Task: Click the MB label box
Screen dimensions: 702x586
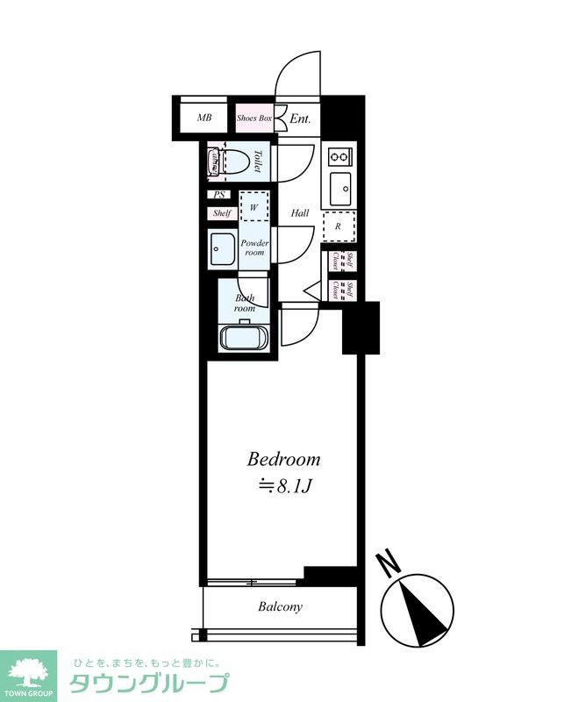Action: [x=204, y=118]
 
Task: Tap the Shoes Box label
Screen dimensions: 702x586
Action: [x=254, y=118]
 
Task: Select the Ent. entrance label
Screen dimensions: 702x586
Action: [x=301, y=118]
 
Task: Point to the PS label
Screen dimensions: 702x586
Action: [x=220, y=196]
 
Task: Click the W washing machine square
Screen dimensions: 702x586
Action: [x=254, y=207]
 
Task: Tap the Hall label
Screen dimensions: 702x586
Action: [x=300, y=213]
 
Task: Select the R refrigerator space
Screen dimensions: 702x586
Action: [x=338, y=226]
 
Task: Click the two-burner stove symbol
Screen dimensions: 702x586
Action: [x=339, y=157]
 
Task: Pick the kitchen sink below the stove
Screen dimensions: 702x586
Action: [x=339, y=187]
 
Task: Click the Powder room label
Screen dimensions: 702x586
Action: [x=254, y=247]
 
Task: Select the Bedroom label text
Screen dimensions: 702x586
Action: [x=282, y=459]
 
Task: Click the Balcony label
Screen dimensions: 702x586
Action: [x=280, y=606]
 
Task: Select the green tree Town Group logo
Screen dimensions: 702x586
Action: [x=28, y=671]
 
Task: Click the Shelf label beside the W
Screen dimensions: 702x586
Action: [x=221, y=213]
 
